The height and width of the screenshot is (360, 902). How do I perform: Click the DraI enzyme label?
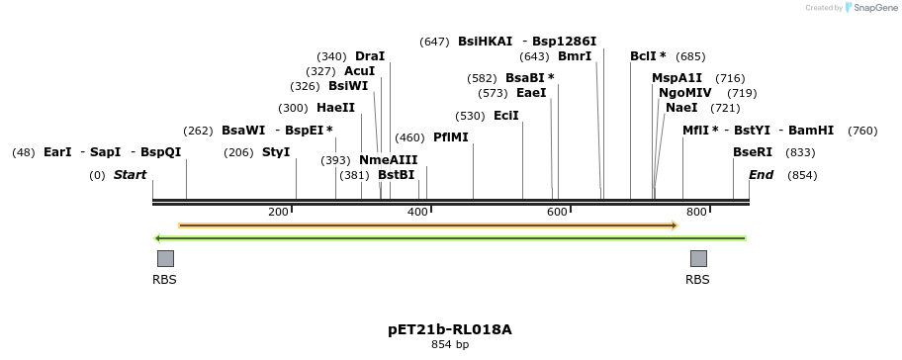[369, 56]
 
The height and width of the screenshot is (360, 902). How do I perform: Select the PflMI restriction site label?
[450, 137]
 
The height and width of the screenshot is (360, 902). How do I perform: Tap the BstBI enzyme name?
[396, 175]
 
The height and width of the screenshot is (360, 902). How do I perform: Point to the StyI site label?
[276, 152]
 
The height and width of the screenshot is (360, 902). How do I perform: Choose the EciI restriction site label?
[505, 116]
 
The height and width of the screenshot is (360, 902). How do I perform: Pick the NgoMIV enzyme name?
[684, 93]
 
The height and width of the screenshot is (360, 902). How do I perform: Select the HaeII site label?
[335, 108]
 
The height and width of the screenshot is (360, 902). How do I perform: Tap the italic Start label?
[130, 175]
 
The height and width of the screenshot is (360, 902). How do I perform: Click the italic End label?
[761, 175]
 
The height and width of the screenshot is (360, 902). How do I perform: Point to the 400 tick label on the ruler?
[417, 212]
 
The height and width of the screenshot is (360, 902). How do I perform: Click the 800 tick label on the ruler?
[696, 212]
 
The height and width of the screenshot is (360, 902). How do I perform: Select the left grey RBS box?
[165, 258]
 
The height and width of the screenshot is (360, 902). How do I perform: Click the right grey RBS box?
[698, 258]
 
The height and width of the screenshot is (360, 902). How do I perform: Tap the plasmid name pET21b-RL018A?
[450, 329]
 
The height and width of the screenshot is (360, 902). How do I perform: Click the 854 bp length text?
[450, 345]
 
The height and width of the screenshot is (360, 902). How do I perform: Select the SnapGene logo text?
[869, 8]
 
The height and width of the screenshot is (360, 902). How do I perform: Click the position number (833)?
[800, 152]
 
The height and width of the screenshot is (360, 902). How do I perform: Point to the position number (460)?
[409, 137]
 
